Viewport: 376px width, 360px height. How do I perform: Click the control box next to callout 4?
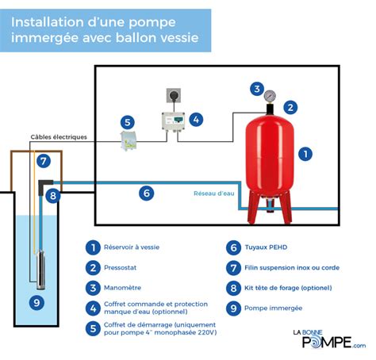[175, 121]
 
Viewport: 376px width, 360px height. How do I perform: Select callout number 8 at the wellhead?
[53, 195]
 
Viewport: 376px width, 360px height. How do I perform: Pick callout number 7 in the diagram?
[44, 161]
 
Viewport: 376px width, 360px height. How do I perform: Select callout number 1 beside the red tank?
[303, 154]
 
